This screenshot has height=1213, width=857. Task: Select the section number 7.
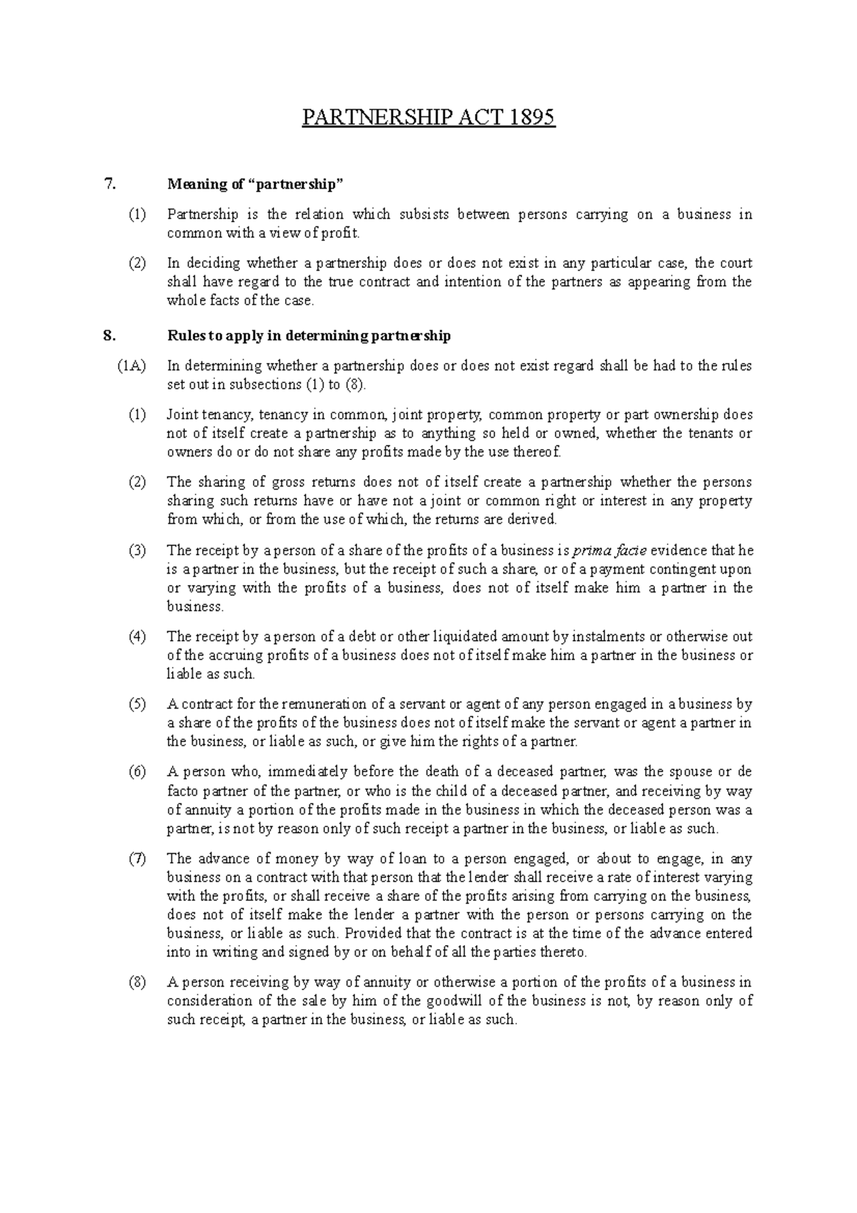[x=109, y=184]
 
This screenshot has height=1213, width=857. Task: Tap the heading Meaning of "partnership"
[x=255, y=184]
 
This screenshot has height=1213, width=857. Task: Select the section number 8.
[x=109, y=335]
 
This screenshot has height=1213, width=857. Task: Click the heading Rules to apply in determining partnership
[x=309, y=335]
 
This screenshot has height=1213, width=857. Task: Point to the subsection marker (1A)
[x=132, y=366]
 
